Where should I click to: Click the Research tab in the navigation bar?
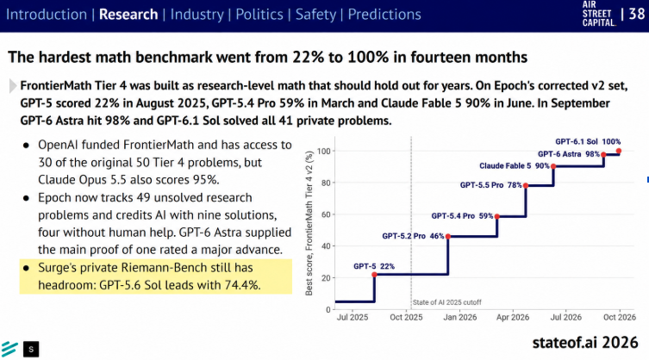pyautogui.click(x=128, y=15)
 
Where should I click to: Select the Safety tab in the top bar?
pyautogui.click(x=315, y=15)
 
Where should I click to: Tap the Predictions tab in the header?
pyautogui.click(x=384, y=15)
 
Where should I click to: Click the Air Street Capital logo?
pyautogui.click(x=599, y=14)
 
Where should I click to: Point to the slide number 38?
pyautogui.click(x=637, y=14)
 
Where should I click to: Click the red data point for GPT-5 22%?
pyautogui.click(x=375, y=275)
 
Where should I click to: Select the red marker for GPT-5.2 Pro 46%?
pyautogui.click(x=448, y=236)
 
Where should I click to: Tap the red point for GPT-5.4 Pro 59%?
pyautogui.click(x=497, y=216)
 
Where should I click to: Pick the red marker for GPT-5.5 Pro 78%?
pyautogui.click(x=526, y=185)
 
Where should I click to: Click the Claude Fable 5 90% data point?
pyautogui.click(x=553, y=166)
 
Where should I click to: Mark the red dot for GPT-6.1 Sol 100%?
pyautogui.click(x=619, y=151)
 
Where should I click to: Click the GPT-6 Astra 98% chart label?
pyautogui.click(x=569, y=154)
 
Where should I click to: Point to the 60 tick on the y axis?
pyautogui.click(x=326, y=214)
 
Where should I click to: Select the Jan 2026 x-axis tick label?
pyautogui.click(x=460, y=318)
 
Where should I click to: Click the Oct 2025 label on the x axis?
pyautogui.click(x=406, y=318)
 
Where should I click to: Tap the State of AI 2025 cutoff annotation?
pyautogui.click(x=447, y=302)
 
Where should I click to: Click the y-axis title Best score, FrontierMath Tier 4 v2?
pyautogui.click(x=309, y=223)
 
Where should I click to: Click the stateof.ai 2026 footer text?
pyautogui.click(x=585, y=343)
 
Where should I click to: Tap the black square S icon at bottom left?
pyautogui.click(x=31, y=350)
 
